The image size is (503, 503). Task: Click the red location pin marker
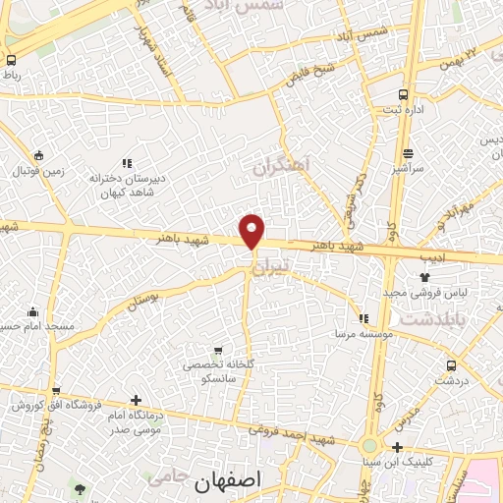click(252, 231)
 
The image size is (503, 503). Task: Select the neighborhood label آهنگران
click(281, 168)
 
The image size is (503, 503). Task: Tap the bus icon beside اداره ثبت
click(404, 94)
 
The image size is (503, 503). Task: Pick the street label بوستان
click(143, 297)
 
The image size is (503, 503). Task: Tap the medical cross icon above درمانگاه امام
click(136, 400)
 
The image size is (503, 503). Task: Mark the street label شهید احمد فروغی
click(293, 433)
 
